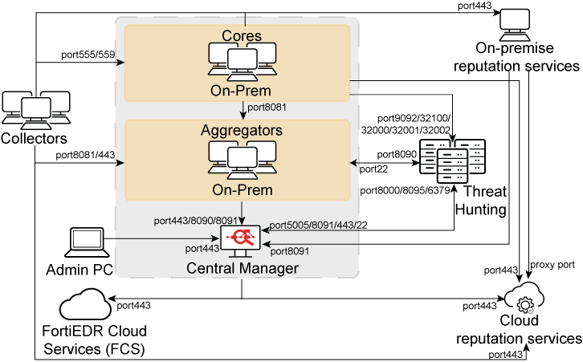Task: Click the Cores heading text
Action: [242, 36]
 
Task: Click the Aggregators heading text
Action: [242, 129]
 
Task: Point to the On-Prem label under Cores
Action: [242, 92]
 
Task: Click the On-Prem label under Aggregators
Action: [242, 190]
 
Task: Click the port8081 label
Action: [267, 107]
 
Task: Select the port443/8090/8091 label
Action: [195, 221]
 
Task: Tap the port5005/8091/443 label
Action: [313, 226]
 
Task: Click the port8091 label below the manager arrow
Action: [290, 251]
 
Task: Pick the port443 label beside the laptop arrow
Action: [202, 249]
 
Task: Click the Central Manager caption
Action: [242, 268]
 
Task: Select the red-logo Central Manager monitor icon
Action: [242, 238]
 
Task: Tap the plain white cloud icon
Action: [85, 304]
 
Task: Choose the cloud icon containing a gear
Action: [525, 299]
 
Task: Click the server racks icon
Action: [453, 161]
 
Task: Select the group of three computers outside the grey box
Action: [35, 110]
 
